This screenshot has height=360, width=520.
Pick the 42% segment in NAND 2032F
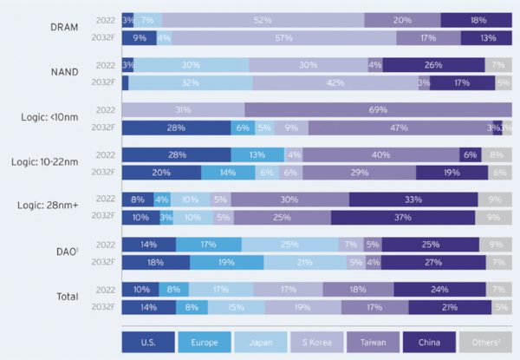pos(334,83)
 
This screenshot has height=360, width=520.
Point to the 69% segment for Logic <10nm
pos(377,109)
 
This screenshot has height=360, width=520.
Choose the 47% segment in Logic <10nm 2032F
pos(399,128)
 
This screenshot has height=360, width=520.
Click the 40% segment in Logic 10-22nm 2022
pos(380,154)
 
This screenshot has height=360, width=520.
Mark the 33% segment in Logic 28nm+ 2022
pos(413,200)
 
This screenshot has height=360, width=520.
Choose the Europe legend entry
pos(205,341)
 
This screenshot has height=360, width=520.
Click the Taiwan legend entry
pos(372,341)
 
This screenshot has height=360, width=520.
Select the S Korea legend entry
pos(316,341)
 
